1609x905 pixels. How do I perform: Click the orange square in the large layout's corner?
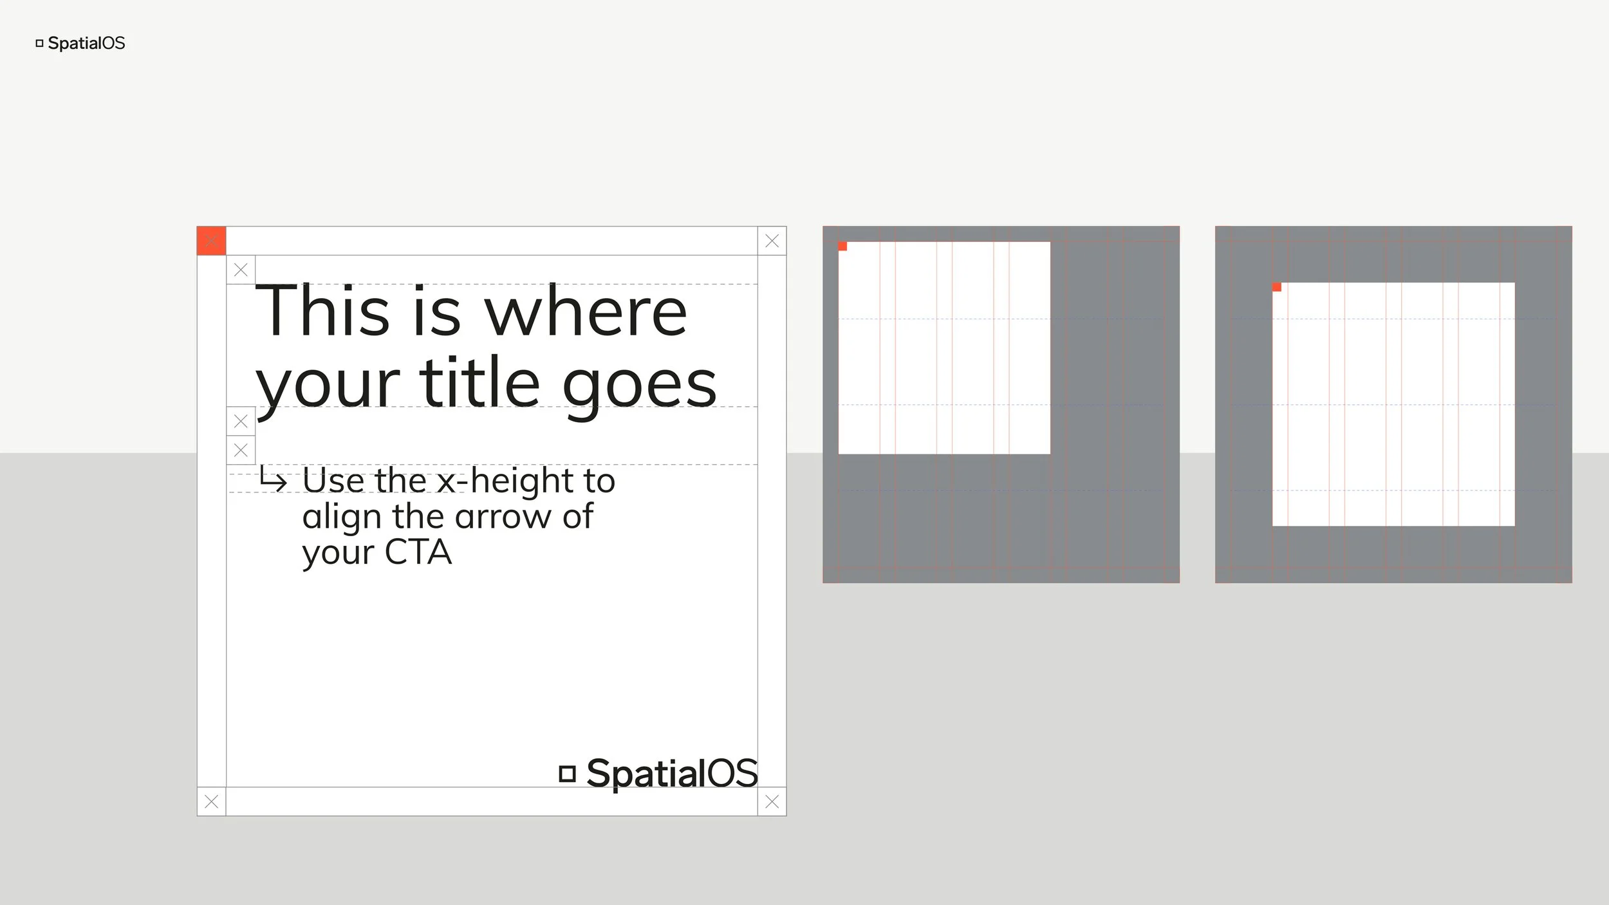[211, 241]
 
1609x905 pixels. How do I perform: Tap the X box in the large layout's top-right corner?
[772, 241]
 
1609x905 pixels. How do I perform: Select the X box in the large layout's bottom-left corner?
[211, 801]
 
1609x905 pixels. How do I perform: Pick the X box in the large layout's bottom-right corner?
[772, 801]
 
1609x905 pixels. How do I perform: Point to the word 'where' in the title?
[585, 312]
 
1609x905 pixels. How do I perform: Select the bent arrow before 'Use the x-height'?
[273, 480]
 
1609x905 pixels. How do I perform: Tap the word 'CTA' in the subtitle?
[418, 552]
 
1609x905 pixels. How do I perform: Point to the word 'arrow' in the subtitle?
[503, 517]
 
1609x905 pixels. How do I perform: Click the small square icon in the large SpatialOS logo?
[567, 773]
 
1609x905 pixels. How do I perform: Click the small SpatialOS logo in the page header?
[80, 43]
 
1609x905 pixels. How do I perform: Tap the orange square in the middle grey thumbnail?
[842, 246]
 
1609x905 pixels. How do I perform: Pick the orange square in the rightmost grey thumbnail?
[1277, 287]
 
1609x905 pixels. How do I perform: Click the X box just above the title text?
[241, 270]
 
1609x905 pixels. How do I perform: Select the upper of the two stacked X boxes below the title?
[241, 421]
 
